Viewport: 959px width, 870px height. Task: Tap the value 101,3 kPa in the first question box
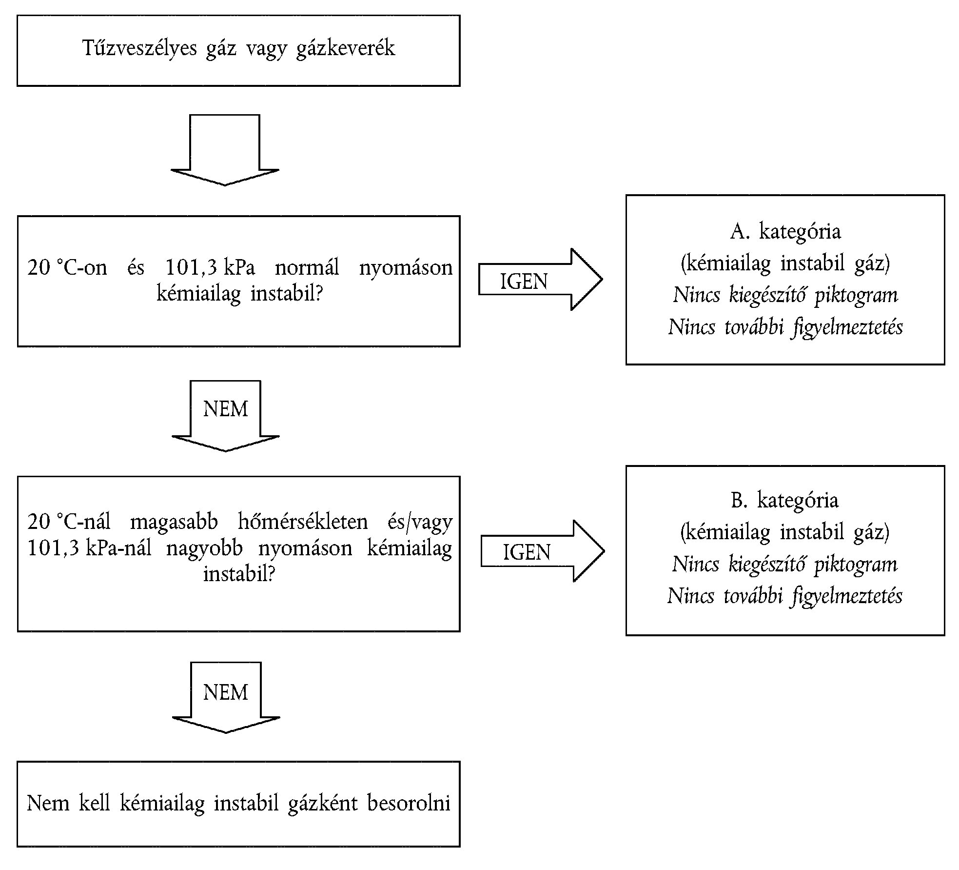(210, 268)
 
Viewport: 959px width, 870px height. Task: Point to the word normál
(307, 268)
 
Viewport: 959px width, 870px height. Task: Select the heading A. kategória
(785, 232)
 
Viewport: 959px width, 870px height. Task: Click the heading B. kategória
(784, 501)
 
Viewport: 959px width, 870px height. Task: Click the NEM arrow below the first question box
(225, 415)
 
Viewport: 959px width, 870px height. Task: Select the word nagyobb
(204, 548)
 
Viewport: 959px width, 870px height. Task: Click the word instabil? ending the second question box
(239, 574)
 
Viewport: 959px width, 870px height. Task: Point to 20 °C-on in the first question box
(67, 268)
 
